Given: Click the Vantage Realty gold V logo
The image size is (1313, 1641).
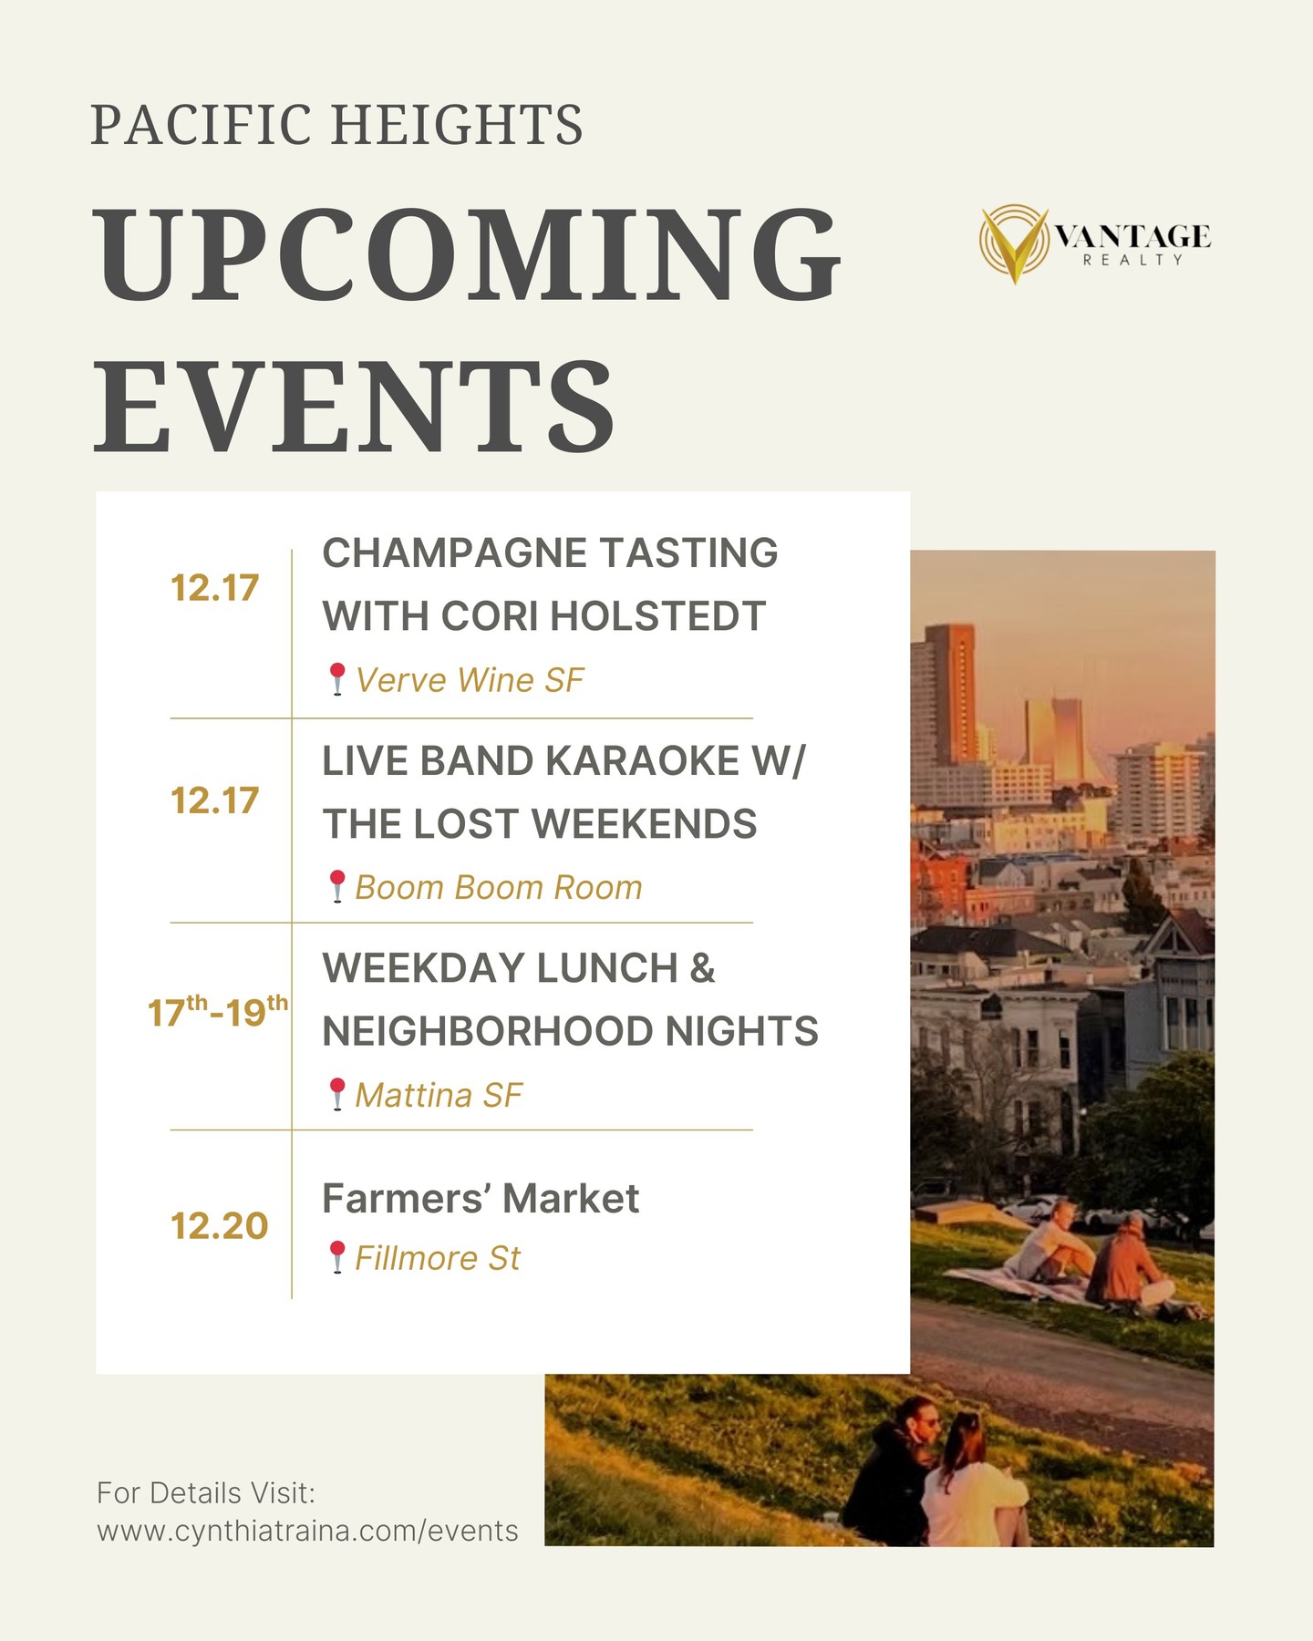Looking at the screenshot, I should (1015, 243).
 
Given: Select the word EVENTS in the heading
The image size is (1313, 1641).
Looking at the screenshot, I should (356, 407).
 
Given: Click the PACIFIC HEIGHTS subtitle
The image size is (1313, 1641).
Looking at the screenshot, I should (336, 125).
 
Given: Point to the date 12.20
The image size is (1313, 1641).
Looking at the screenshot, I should (219, 1226).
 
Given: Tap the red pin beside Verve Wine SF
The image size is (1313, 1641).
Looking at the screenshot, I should (337, 680).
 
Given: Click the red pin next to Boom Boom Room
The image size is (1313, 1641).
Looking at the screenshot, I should (337, 887).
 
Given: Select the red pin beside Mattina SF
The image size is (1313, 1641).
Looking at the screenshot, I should (337, 1094).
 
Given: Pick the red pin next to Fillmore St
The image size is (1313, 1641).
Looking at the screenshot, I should (337, 1257).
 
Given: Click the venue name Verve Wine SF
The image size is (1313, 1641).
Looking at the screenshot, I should (469, 680).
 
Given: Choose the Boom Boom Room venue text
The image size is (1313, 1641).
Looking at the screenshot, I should (499, 887).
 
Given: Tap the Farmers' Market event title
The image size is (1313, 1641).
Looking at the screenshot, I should (481, 1199).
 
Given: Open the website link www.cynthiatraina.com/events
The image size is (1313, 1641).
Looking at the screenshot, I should (307, 1531).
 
